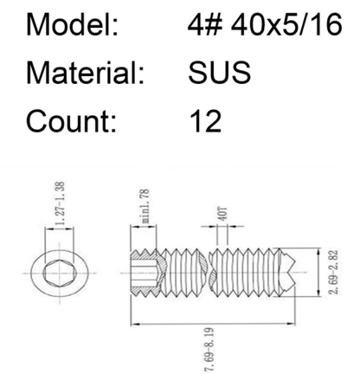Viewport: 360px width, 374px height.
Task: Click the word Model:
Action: (72, 24)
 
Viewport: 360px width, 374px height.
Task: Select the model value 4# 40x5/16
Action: (265, 24)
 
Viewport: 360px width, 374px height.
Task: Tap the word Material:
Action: (85, 72)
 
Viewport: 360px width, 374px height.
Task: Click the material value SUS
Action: (219, 72)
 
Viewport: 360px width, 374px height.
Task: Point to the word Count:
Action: (71, 120)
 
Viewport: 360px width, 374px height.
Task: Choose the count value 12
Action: (206, 121)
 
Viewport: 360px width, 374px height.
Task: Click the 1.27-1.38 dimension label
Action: (61, 203)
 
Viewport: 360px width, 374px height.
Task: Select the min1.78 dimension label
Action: (145, 206)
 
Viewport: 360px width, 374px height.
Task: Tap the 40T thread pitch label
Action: (223, 214)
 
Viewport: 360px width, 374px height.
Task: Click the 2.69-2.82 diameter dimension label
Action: (334, 272)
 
